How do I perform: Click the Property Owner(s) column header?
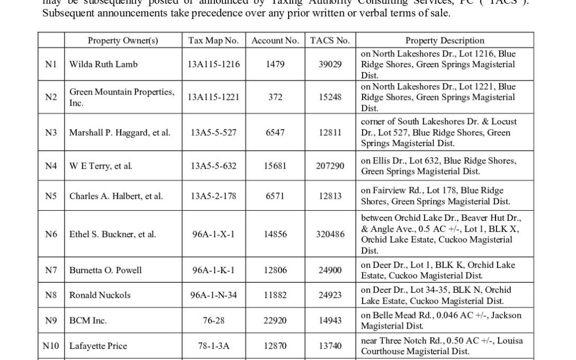(123, 41)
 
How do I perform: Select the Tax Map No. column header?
(213, 41)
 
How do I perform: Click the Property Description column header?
(445, 41)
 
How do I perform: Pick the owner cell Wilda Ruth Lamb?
(103, 64)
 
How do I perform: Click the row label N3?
(51, 132)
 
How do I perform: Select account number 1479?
(275, 64)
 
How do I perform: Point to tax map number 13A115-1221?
(213, 97)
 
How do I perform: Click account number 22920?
(275, 321)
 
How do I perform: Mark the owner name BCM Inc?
(88, 321)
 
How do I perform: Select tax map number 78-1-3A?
(213, 346)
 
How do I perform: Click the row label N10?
(51, 346)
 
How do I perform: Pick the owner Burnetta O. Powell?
(106, 270)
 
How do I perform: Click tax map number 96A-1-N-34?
(213, 295)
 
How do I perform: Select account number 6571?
(275, 196)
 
